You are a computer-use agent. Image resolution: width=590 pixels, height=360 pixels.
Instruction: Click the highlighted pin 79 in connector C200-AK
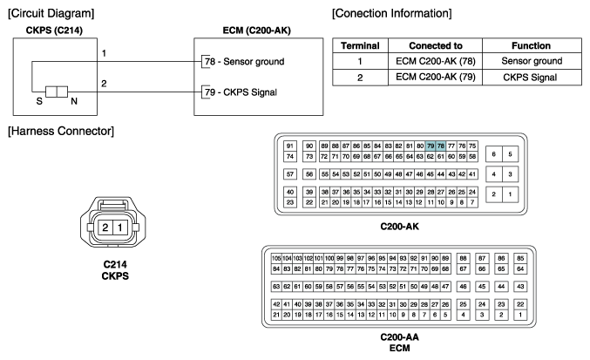click(431, 146)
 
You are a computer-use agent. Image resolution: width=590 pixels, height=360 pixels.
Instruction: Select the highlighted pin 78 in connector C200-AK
click(441, 146)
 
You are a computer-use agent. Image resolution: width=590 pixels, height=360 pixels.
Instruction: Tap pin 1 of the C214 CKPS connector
click(120, 228)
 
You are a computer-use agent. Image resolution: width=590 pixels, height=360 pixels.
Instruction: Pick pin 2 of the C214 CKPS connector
click(105, 228)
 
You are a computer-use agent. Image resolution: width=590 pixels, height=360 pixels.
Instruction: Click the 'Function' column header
click(531, 45)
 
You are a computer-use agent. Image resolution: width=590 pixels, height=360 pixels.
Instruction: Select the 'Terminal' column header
click(360, 45)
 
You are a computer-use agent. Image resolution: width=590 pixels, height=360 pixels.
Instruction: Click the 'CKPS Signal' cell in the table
click(530, 77)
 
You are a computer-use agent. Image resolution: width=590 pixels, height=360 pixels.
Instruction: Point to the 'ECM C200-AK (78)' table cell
click(436, 61)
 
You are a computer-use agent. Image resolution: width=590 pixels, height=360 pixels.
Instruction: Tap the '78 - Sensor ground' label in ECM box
click(245, 61)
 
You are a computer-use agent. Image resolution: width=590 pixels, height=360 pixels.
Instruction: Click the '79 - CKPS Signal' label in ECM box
click(241, 92)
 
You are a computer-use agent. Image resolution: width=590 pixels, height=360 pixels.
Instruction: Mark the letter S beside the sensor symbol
click(39, 101)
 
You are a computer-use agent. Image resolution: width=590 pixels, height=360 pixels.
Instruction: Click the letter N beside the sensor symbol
click(74, 101)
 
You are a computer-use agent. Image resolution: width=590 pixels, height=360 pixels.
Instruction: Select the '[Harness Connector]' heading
click(61, 132)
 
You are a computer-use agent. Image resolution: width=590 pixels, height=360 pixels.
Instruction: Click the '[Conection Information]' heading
click(391, 14)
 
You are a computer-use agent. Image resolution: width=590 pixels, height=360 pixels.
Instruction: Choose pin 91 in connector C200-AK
click(289, 146)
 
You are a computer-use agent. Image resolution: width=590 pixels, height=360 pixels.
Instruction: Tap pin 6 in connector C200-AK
click(493, 154)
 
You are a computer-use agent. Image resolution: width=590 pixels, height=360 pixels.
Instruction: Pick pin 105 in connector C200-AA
click(276, 258)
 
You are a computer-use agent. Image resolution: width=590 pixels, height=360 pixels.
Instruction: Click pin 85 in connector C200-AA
click(520, 258)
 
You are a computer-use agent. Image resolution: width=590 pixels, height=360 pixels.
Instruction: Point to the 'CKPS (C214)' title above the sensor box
click(54, 31)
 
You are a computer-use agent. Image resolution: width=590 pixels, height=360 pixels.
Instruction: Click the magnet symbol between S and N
click(57, 92)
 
